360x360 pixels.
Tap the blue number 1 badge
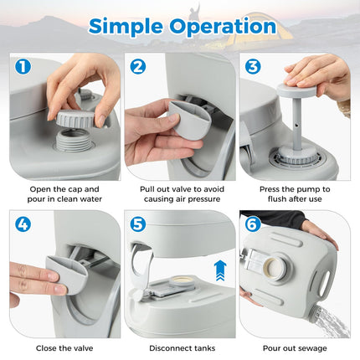(x=22, y=65)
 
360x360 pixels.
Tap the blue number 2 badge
(x=138, y=65)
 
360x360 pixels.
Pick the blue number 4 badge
(x=22, y=224)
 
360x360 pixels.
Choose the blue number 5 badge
(x=138, y=224)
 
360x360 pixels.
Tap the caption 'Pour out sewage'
(x=296, y=347)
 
